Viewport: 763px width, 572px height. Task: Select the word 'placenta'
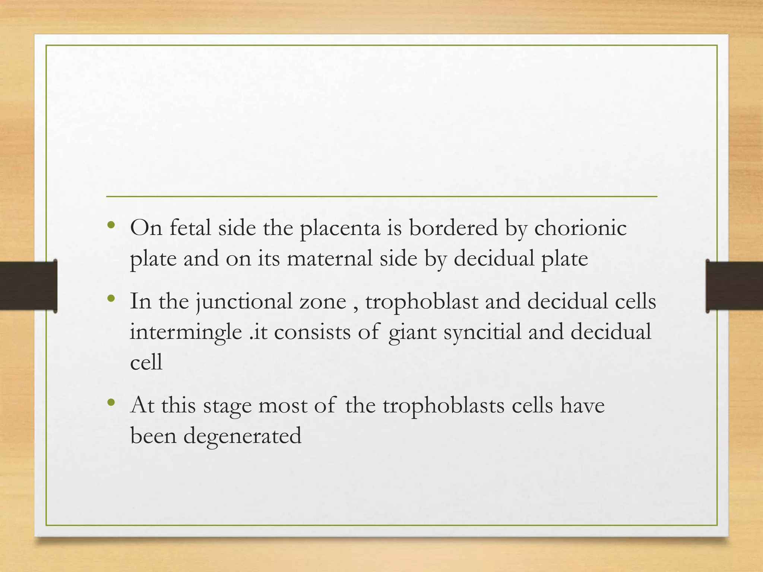(x=340, y=228)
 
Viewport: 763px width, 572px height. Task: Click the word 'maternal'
(x=329, y=258)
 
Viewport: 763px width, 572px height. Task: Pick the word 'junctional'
(x=244, y=302)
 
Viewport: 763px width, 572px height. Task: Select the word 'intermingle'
(x=186, y=332)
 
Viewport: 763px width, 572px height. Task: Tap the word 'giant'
(x=412, y=332)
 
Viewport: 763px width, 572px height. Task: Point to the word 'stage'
(x=227, y=406)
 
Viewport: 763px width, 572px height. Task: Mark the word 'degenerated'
(x=243, y=436)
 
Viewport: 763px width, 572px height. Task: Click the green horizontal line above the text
(x=381, y=196)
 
